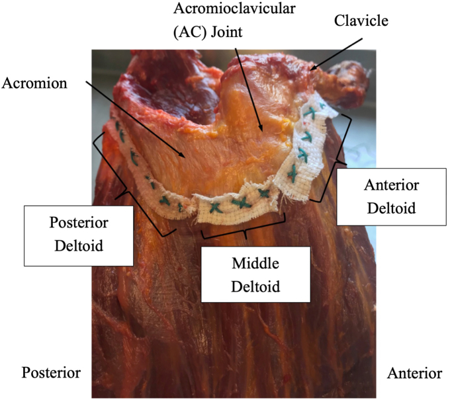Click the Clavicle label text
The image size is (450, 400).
[361, 20]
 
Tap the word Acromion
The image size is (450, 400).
[34, 83]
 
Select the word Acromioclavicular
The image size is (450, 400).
[234, 9]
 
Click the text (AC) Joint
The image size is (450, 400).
[208, 32]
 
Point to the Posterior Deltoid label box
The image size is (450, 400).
[79, 235]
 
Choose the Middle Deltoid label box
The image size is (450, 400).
[255, 274]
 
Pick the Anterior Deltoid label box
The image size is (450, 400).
[392, 197]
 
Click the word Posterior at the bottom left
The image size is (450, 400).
[51, 372]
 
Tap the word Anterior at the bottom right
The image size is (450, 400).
[414, 373]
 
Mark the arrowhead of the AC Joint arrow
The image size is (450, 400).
[261, 129]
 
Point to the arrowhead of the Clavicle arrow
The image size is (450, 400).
[314, 68]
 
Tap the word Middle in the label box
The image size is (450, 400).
[255, 263]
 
